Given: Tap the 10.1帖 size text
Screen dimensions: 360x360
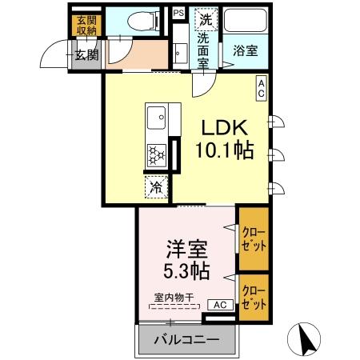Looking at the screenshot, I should (226, 150).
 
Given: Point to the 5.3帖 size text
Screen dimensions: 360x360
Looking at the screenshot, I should (188, 270).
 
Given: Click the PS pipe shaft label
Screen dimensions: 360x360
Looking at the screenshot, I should (178, 14).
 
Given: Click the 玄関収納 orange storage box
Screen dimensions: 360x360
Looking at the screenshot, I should (83, 26).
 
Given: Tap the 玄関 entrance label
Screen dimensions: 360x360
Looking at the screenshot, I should (86, 55).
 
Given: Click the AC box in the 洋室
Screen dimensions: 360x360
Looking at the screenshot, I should (222, 305).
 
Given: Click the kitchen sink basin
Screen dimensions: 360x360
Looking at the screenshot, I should (155, 119).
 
